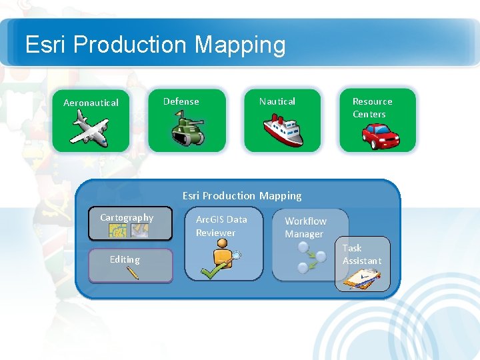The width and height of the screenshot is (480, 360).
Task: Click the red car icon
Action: [380, 136]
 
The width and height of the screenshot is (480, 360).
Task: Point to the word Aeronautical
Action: [91, 103]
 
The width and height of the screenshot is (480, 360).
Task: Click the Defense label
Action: [181, 101]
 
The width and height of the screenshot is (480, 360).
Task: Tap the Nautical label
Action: [277, 101]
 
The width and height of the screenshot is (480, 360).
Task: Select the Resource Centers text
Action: [372, 107]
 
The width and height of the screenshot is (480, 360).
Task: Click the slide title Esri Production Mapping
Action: [155, 45]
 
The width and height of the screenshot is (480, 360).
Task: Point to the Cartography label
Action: [127, 217]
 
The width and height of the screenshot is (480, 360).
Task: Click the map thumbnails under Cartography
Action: [129, 230]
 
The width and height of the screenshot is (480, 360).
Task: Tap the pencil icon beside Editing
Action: [132, 272]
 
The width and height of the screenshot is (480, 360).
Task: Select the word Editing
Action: [125, 259]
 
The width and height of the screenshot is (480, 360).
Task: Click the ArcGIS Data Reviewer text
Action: [221, 225]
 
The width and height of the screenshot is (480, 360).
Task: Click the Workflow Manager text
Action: [305, 227]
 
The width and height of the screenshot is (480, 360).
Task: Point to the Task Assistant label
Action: [362, 254]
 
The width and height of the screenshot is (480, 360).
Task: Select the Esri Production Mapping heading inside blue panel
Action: [242, 195]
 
